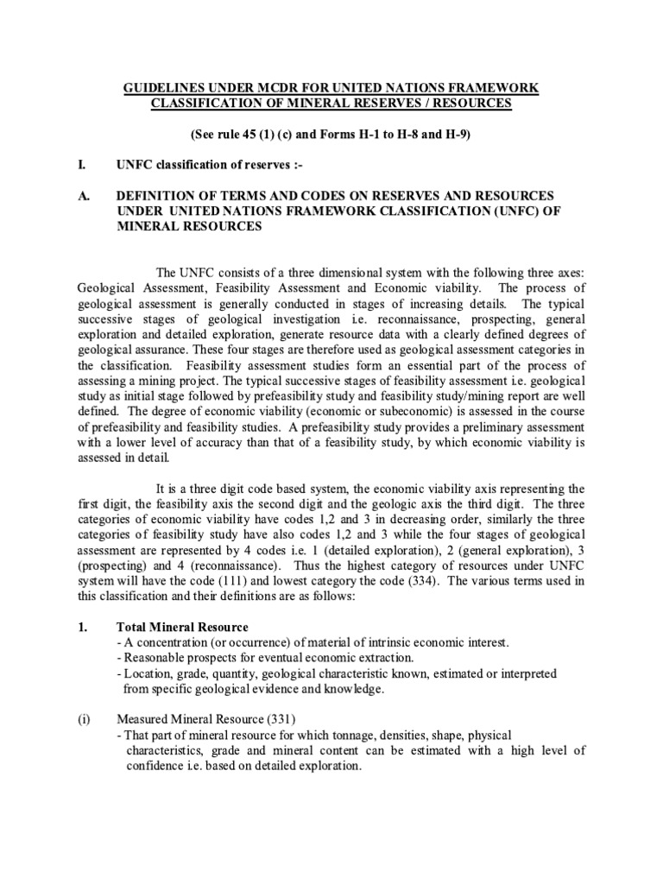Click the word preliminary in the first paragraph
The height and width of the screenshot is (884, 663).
coord(480,428)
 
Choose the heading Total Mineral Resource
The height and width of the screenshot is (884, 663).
coord(182,626)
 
